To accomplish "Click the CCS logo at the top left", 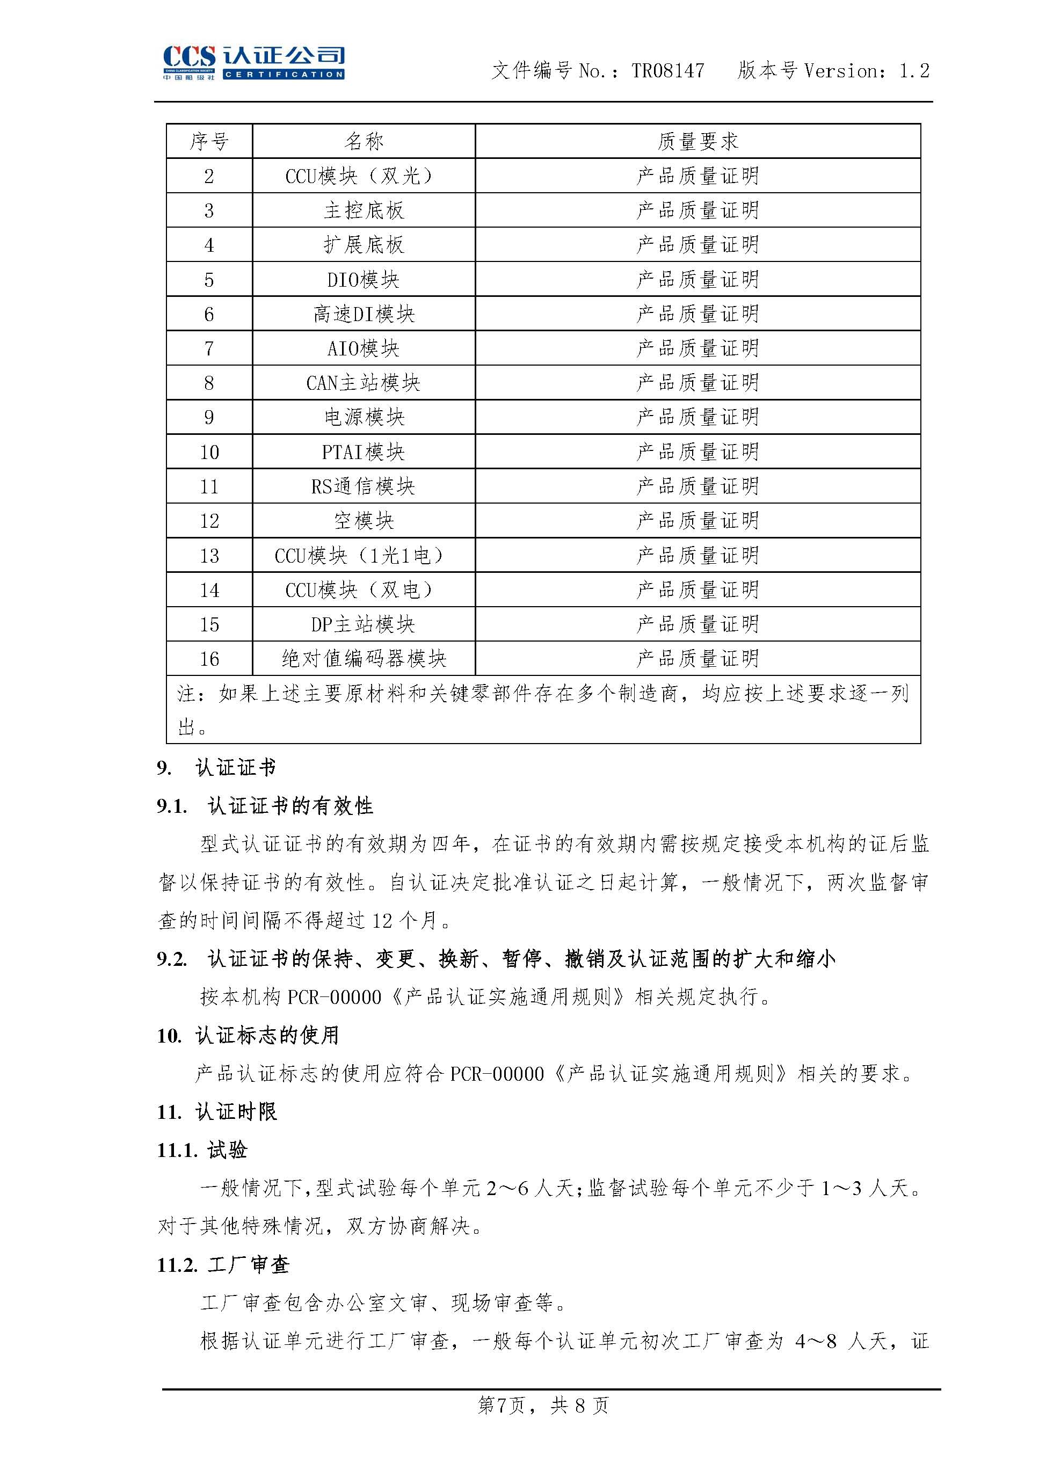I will [253, 63].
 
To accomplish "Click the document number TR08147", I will [668, 70].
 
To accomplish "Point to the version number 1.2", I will [914, 70].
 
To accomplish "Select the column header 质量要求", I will [697, 141].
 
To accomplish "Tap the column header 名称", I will [364, 141].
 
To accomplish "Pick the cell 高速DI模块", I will [364, 314].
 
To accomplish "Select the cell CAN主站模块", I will [364, 383].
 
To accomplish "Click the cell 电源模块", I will [364, 418].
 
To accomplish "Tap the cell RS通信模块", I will [364, 487].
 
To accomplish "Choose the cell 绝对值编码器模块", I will [364, 659].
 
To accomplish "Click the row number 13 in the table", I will [209, 556].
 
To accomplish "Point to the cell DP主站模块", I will [364, 624].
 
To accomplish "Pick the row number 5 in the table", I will [209, 280].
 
